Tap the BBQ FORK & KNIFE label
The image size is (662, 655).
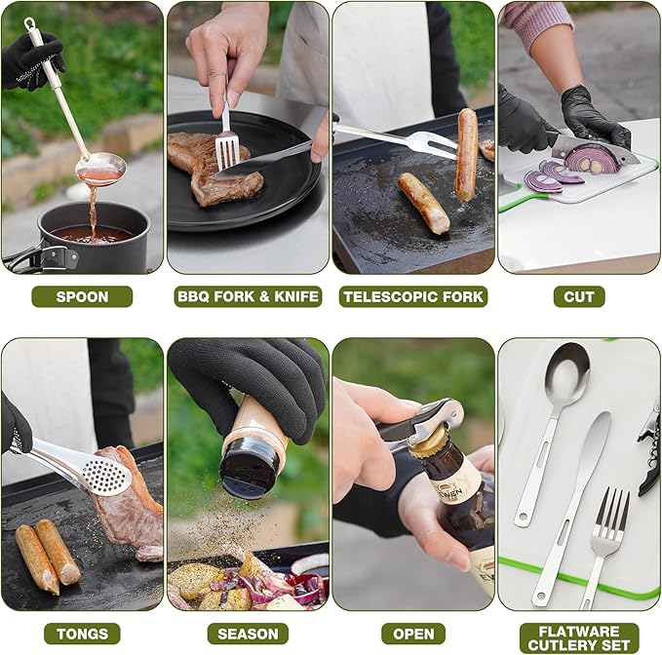pos(248,296)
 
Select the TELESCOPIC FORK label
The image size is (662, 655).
pos(412,296)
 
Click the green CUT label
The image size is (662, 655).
pos(578,296)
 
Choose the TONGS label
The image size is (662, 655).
pos(82,634)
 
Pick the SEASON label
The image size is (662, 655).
pos(248,634)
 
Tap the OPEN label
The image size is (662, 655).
pos(412,634)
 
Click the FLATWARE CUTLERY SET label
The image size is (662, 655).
pos(578,637)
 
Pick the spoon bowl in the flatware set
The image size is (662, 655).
pos(565,375)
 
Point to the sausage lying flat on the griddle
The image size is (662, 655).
pos(424,201)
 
